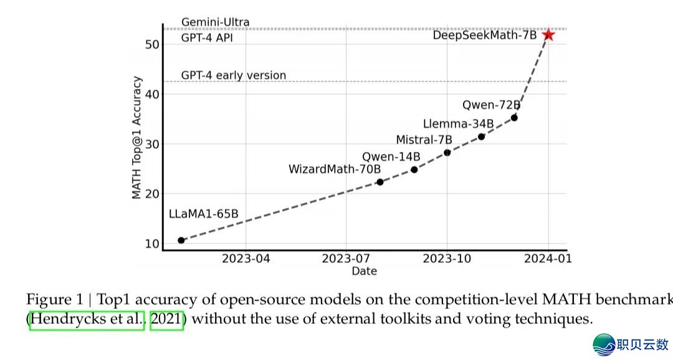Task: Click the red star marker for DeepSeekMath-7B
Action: (x=548, y=35)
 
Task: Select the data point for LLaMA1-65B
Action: (x=181, y=240)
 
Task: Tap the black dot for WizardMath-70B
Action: (x=379, y=182)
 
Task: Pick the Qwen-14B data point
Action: (x=414, y=169)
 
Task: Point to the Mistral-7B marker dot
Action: (x=447, y=153)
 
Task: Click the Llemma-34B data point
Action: (x=481, y=136)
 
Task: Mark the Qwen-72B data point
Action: (x=514, y=118)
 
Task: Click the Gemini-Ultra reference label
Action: (x=215, y=22)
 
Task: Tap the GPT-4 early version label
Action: (x=234, y=75)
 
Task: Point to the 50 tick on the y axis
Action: (x=151, y=44)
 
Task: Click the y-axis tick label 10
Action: (x=151, y=244)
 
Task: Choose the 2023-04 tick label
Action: (x=246, y=258)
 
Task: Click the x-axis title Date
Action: (x=364, y=271)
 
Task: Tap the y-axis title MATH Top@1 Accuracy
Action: (x=137, y=138)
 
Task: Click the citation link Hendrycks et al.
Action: (x=87, y=320)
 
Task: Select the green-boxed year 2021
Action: (x=166, y=320)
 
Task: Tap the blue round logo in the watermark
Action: (x=603, y=344)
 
